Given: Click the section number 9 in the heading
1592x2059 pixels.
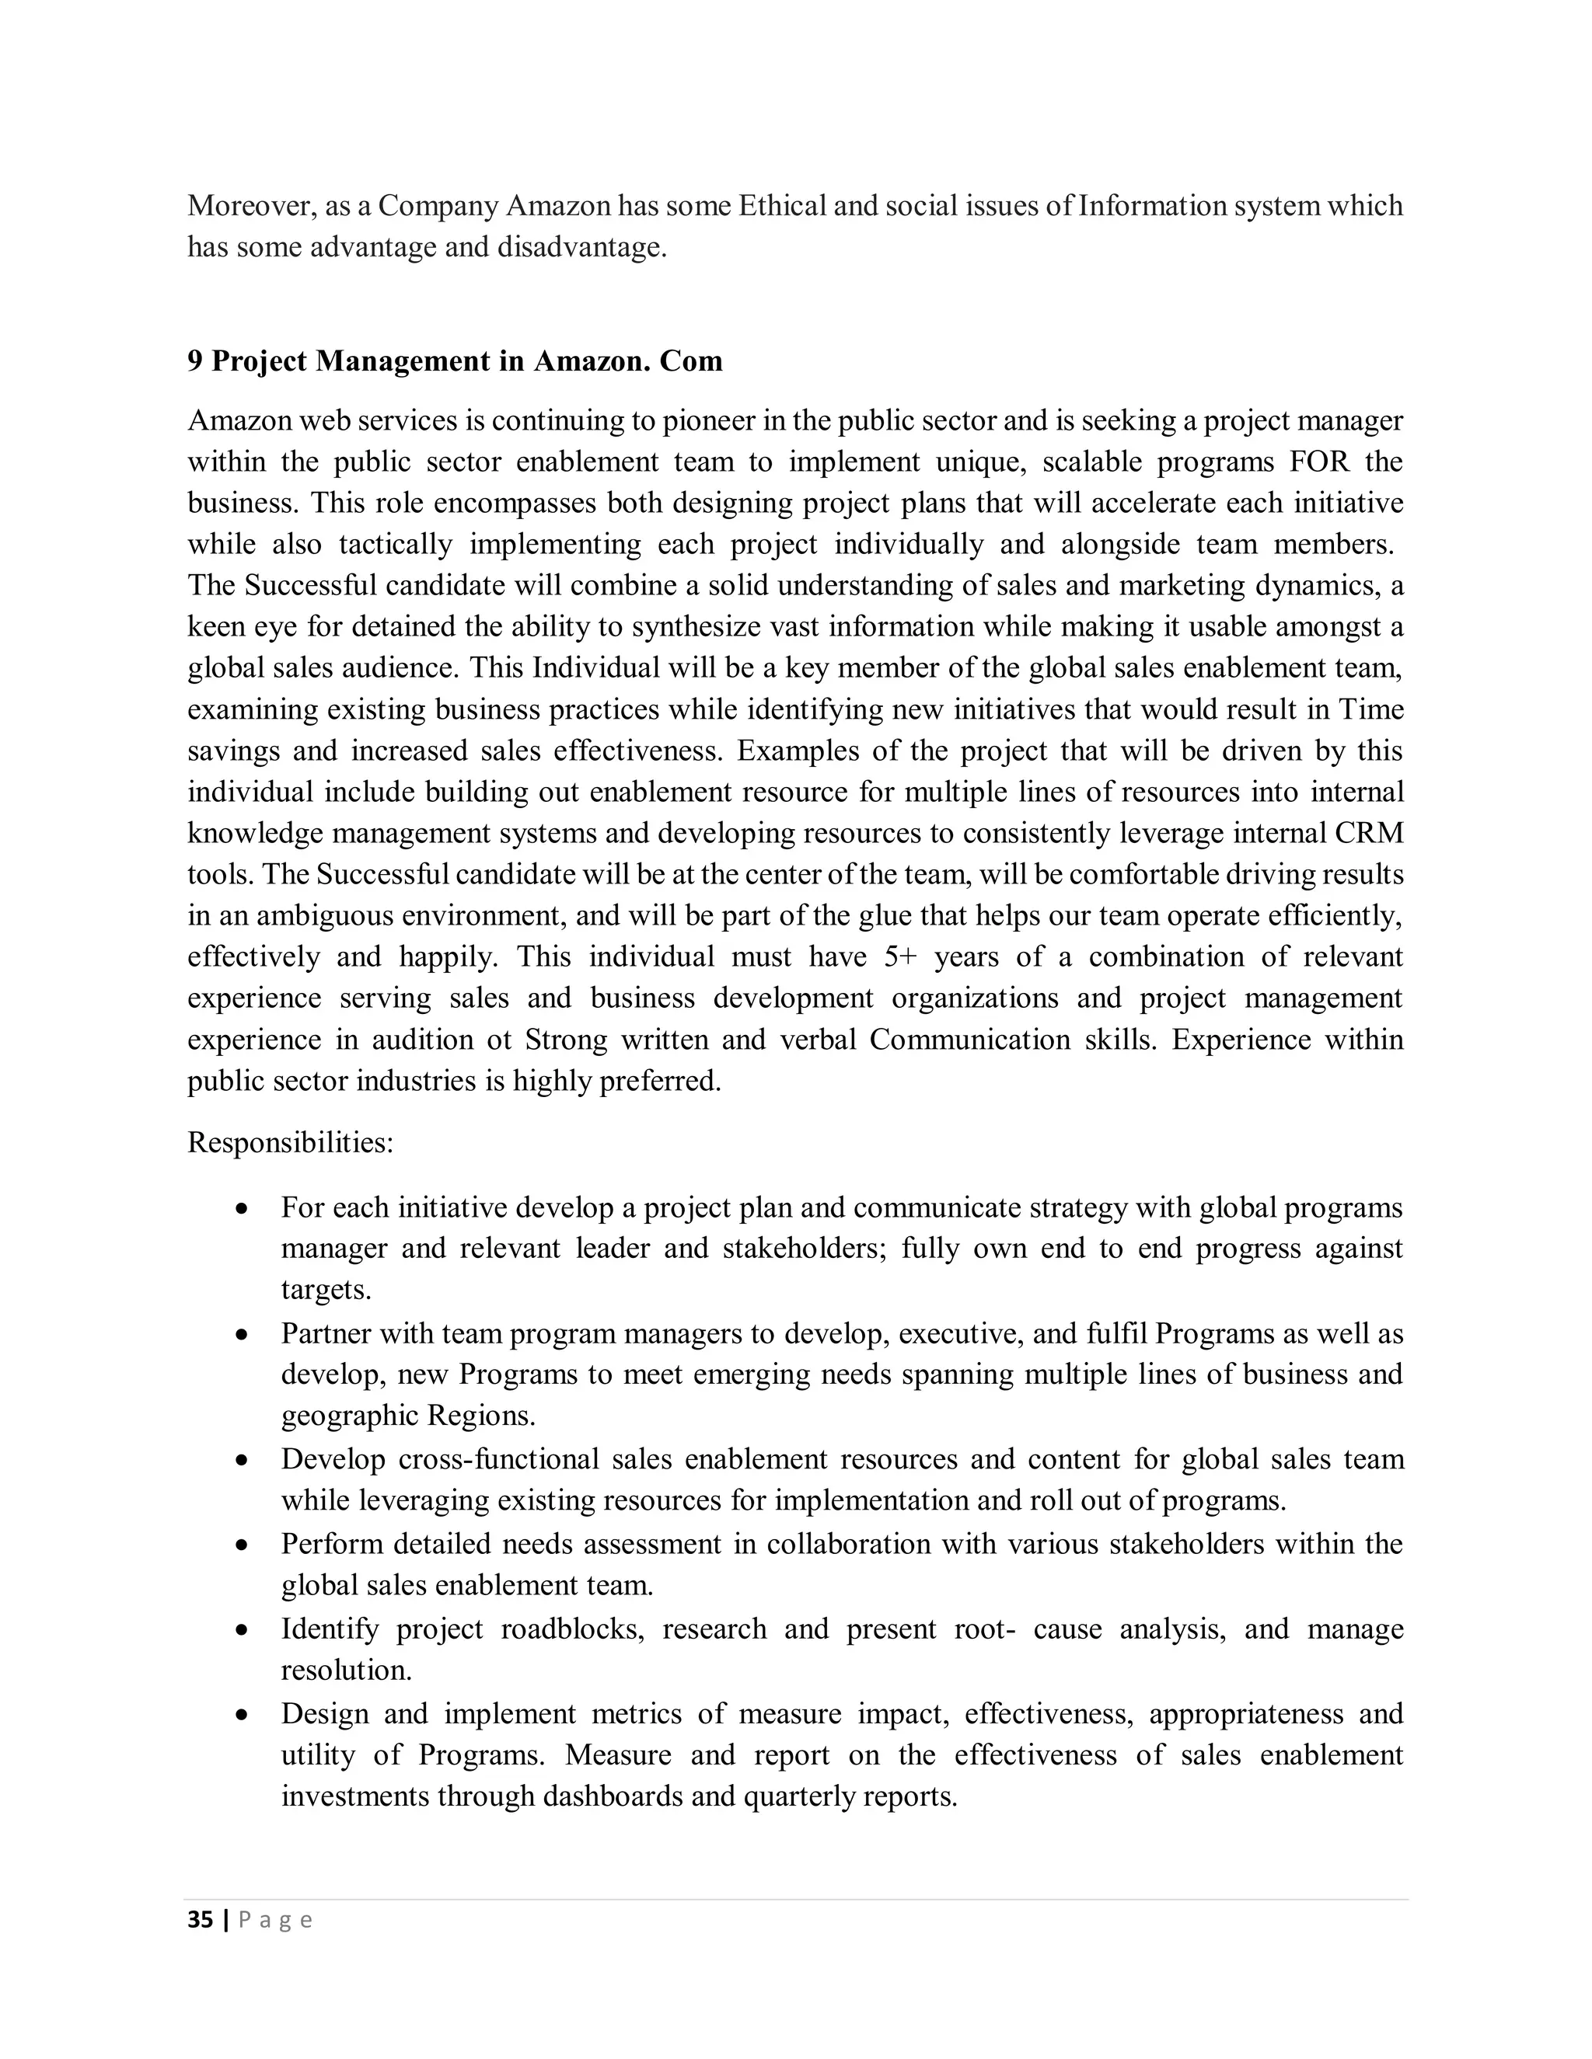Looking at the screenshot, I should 194,361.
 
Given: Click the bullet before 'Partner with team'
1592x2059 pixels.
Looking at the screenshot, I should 243,1335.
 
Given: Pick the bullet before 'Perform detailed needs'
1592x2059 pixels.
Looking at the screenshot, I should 243,1545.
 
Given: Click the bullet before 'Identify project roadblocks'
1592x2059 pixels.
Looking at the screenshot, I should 243,1630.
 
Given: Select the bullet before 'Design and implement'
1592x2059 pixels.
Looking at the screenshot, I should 243,1715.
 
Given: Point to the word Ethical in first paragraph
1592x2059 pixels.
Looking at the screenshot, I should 781,207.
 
